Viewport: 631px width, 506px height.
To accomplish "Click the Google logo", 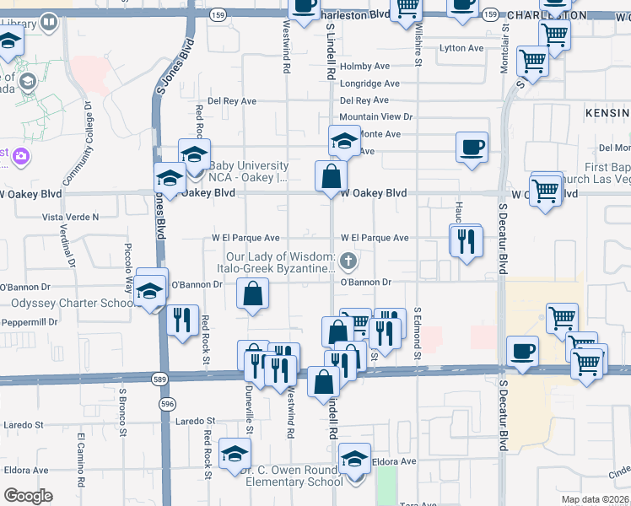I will tap(28, 496).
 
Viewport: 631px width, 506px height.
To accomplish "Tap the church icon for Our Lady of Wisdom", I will tap(346, 260).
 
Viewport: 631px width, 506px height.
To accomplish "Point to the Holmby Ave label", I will tap(364, 66).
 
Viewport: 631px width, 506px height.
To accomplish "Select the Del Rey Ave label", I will tap(227, 100).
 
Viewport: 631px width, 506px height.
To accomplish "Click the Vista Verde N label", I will tap(71, 217).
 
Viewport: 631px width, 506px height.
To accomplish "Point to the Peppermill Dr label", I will tap(30, 322).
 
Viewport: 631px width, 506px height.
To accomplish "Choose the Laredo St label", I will tap(196, 420).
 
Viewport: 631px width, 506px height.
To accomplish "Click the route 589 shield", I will tap(159, 377).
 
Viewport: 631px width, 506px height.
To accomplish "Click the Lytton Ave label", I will tap(461, 48).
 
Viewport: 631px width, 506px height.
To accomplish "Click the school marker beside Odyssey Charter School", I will tap(152, 289).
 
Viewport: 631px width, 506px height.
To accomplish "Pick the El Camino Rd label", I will tap(82, 460).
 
